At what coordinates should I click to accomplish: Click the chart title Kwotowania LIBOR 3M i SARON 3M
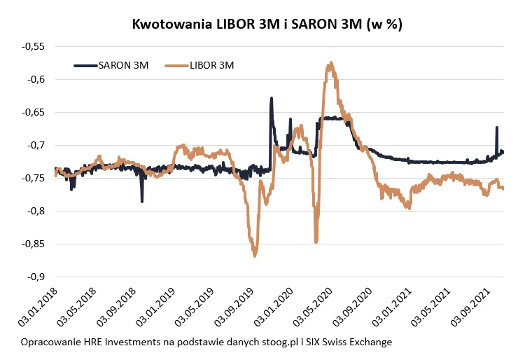coord(267,24)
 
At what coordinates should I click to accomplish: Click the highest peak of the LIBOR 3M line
coord(330,64)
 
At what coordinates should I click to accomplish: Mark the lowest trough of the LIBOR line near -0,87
coord(255,256)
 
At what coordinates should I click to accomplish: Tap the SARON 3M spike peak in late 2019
coord(272,99)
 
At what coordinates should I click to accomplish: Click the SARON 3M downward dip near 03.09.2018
coord(142,201)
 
